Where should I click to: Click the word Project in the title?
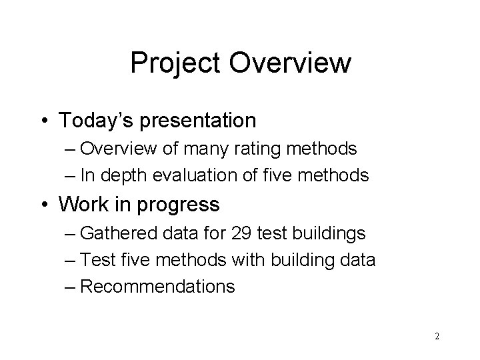tap(177, 64)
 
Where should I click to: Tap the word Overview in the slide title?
tap(290, 63)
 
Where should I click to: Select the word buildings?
tap(334, 233)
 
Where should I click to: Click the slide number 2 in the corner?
tap(437, 337)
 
